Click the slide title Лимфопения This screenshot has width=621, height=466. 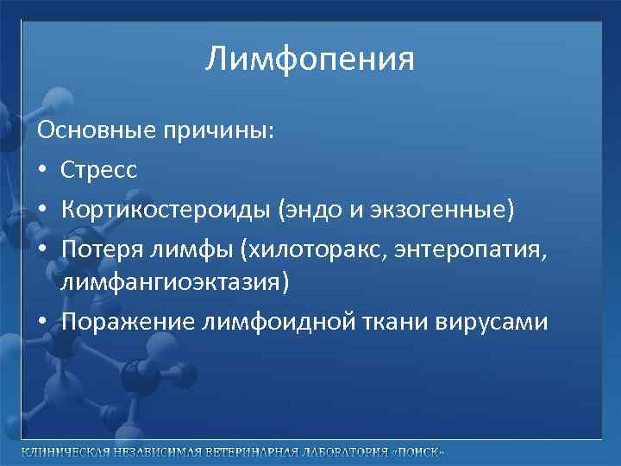pos(310,60)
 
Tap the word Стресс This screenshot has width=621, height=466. pos(98,170)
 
